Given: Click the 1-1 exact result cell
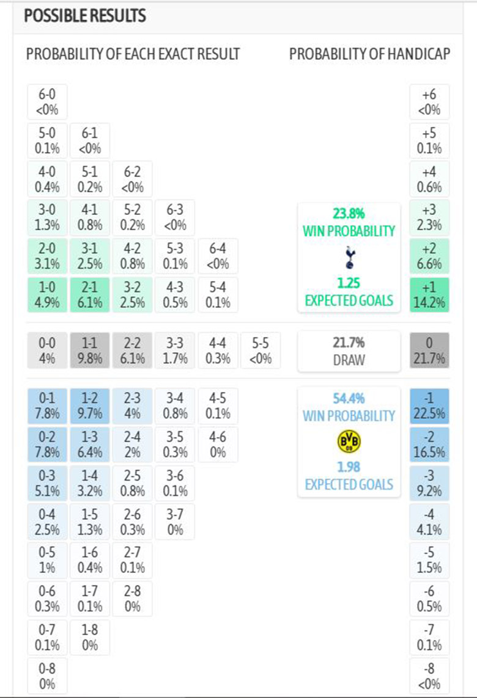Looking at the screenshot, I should (x=90, y=351).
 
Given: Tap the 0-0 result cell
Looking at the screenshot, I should (x=47, y=351).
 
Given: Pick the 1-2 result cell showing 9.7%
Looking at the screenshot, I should (x=90, y=406).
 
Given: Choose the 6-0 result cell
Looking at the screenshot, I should (x=47, y=101).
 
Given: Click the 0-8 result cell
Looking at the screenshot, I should (x=47, y=675).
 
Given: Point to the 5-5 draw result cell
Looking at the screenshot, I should (x=261, y=351).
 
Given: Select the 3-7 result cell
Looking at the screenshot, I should (x=175, y=521).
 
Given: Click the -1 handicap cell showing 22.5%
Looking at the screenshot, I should (x=429, y=406).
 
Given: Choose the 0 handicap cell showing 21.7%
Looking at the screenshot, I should (x=429, y=351).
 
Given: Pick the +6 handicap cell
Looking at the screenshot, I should (x=429, y=101).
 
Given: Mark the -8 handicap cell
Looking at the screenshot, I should (x=429, y=675).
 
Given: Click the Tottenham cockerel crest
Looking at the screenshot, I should (x=349, y=257).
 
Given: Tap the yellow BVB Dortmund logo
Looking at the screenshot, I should (x=349, y=442).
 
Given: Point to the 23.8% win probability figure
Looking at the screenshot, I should (x=349, y=214).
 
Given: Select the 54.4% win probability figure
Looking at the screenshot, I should (x=349, y=399).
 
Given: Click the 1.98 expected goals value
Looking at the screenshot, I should (x=349, y=467).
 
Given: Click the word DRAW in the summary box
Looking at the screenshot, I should (x=349, y=360).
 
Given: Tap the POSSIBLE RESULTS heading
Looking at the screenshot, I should (x=85, y=16).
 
